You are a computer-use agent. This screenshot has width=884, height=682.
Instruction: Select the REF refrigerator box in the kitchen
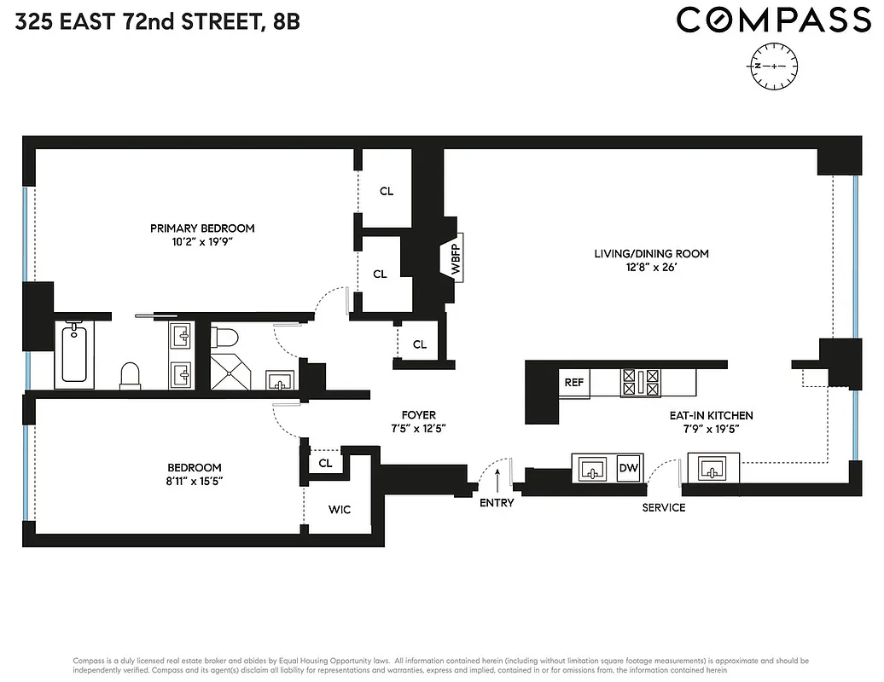pos(574,383)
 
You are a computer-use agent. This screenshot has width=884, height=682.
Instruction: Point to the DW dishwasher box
pos(628,468)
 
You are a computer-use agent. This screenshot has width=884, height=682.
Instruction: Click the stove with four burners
pos(641,382)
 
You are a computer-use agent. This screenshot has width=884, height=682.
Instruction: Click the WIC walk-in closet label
pos(340,510)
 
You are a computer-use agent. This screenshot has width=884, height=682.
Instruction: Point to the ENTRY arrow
pos(497,479)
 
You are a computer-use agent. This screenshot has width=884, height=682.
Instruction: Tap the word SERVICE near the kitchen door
pos(664,507)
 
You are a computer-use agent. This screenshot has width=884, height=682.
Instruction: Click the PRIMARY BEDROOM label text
pos(202,228)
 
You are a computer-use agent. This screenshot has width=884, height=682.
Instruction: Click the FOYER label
pos(418,415)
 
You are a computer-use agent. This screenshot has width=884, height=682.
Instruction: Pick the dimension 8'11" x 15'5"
pos(194,482)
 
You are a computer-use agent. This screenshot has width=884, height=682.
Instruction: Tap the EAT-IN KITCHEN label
pos(710,415)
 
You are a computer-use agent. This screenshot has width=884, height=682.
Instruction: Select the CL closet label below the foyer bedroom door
pos(325,463)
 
